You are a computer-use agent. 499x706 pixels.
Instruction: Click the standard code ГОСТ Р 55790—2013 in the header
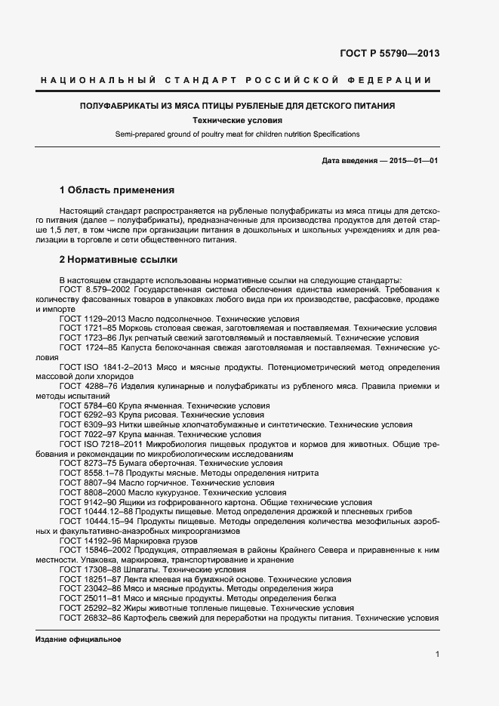pos(390,54)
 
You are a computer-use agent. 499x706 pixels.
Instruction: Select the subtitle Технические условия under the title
pos(237,120)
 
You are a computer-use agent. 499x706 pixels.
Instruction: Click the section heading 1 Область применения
pos(116,190)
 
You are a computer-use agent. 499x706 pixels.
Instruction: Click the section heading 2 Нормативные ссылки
pos(118,260)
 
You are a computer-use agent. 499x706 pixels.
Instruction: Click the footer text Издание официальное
pos(79,640)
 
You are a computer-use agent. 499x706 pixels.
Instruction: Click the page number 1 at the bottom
pos(437,655)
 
